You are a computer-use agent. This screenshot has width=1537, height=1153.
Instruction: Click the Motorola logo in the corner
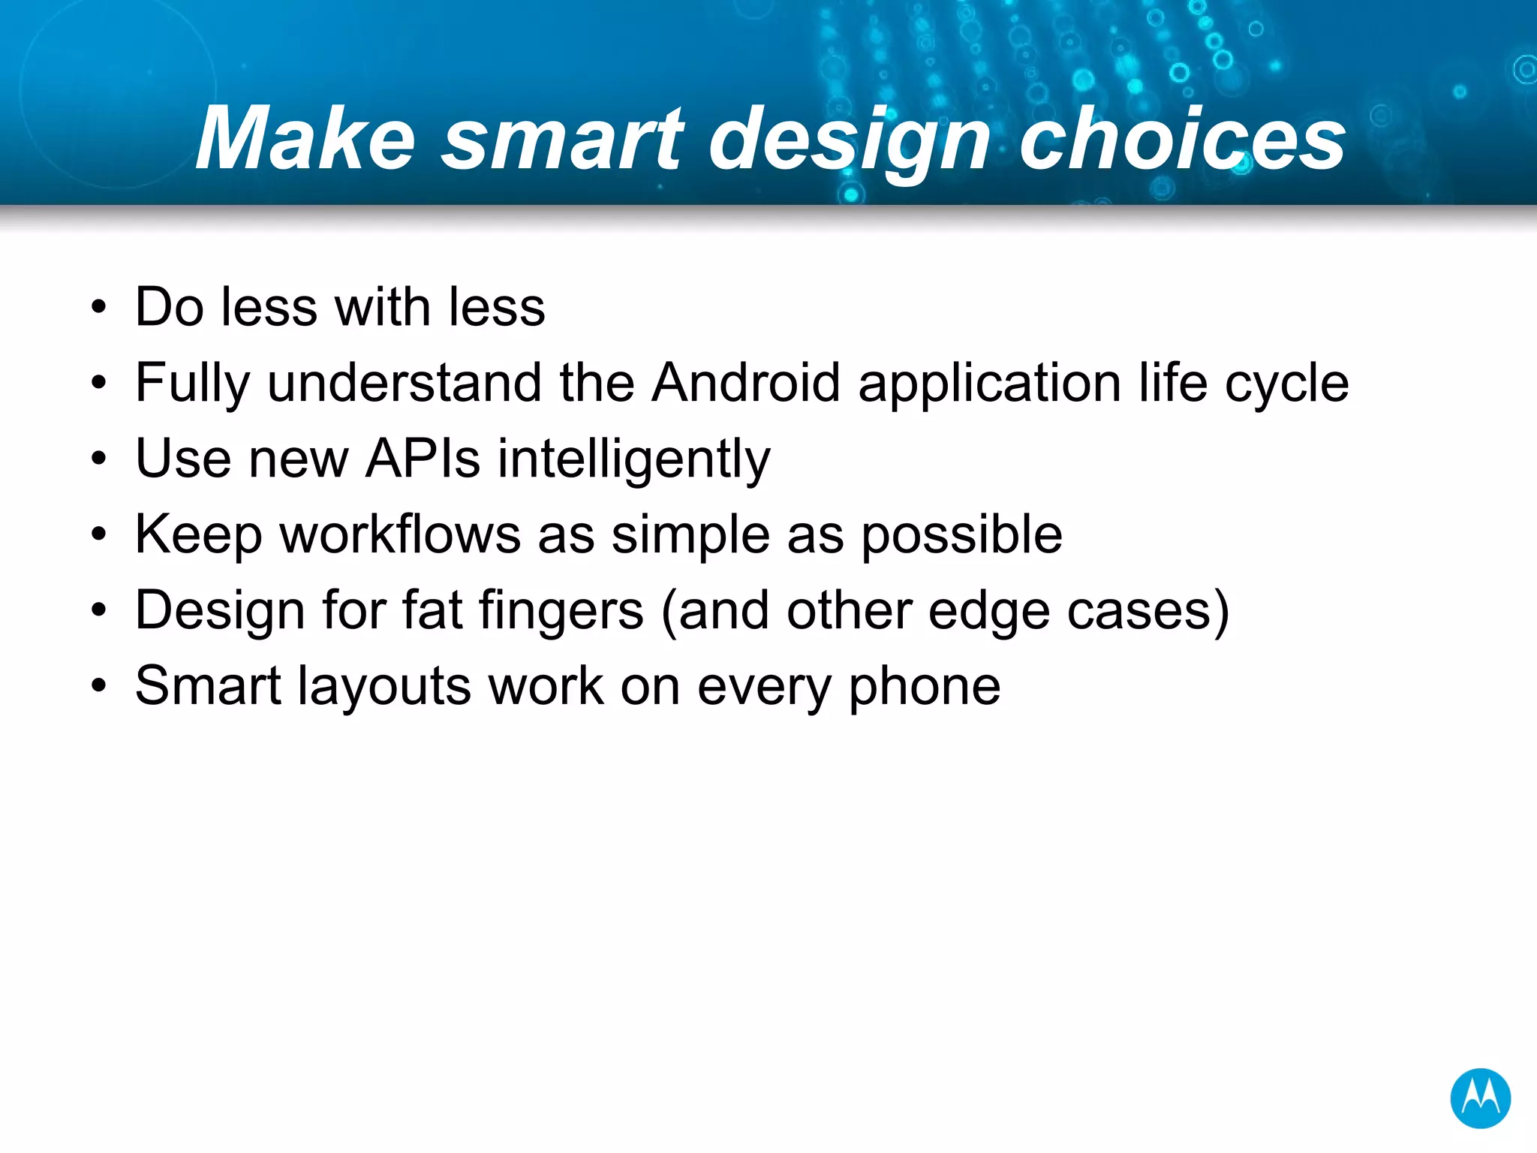tap(1479, 1098)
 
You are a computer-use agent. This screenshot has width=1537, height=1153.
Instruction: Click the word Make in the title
tap(305, 140)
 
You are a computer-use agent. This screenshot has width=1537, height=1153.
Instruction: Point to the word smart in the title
tap(562, 140)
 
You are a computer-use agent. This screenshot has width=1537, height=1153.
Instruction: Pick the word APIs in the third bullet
tap(423, 459)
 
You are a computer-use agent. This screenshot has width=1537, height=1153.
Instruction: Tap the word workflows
tap(400, 534)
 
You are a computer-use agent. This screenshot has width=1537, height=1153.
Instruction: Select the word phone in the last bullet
tap(925, 688)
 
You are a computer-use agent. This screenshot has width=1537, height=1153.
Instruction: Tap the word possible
tap(961, 536)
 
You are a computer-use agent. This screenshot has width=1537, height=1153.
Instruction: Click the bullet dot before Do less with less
tap(98, 307)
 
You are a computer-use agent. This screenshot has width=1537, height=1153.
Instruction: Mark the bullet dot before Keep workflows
tap(98, 534)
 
